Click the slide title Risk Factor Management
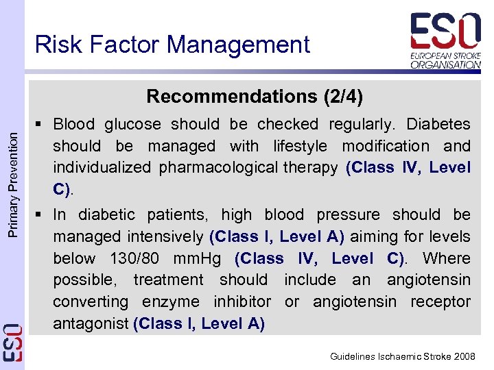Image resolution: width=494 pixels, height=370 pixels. point(172,45)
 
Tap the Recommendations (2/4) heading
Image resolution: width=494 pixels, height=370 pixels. point(255,96)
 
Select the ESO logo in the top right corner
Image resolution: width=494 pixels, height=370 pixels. point(445,31)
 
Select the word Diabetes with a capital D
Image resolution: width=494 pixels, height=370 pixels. point(438,125)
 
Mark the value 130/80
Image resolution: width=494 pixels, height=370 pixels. point(136,258)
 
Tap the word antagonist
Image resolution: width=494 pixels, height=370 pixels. point(91,323)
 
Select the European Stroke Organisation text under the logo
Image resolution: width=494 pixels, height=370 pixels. point(445,59)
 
